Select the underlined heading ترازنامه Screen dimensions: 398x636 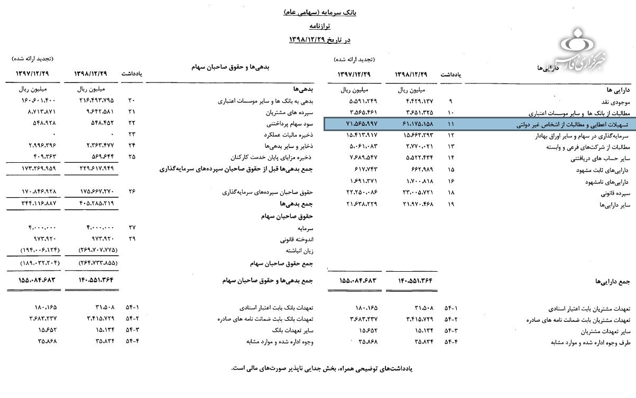click(x=320, y=25)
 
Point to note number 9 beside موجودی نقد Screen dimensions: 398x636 click(x=450, y=100)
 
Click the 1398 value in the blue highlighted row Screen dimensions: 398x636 click(x=414, y=124)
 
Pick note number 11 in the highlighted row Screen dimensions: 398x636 click(x=450, y=124)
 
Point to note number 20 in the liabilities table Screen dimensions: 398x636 click(x=132, y=100)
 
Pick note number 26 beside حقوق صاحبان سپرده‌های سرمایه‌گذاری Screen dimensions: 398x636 click(x=132, y=192)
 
